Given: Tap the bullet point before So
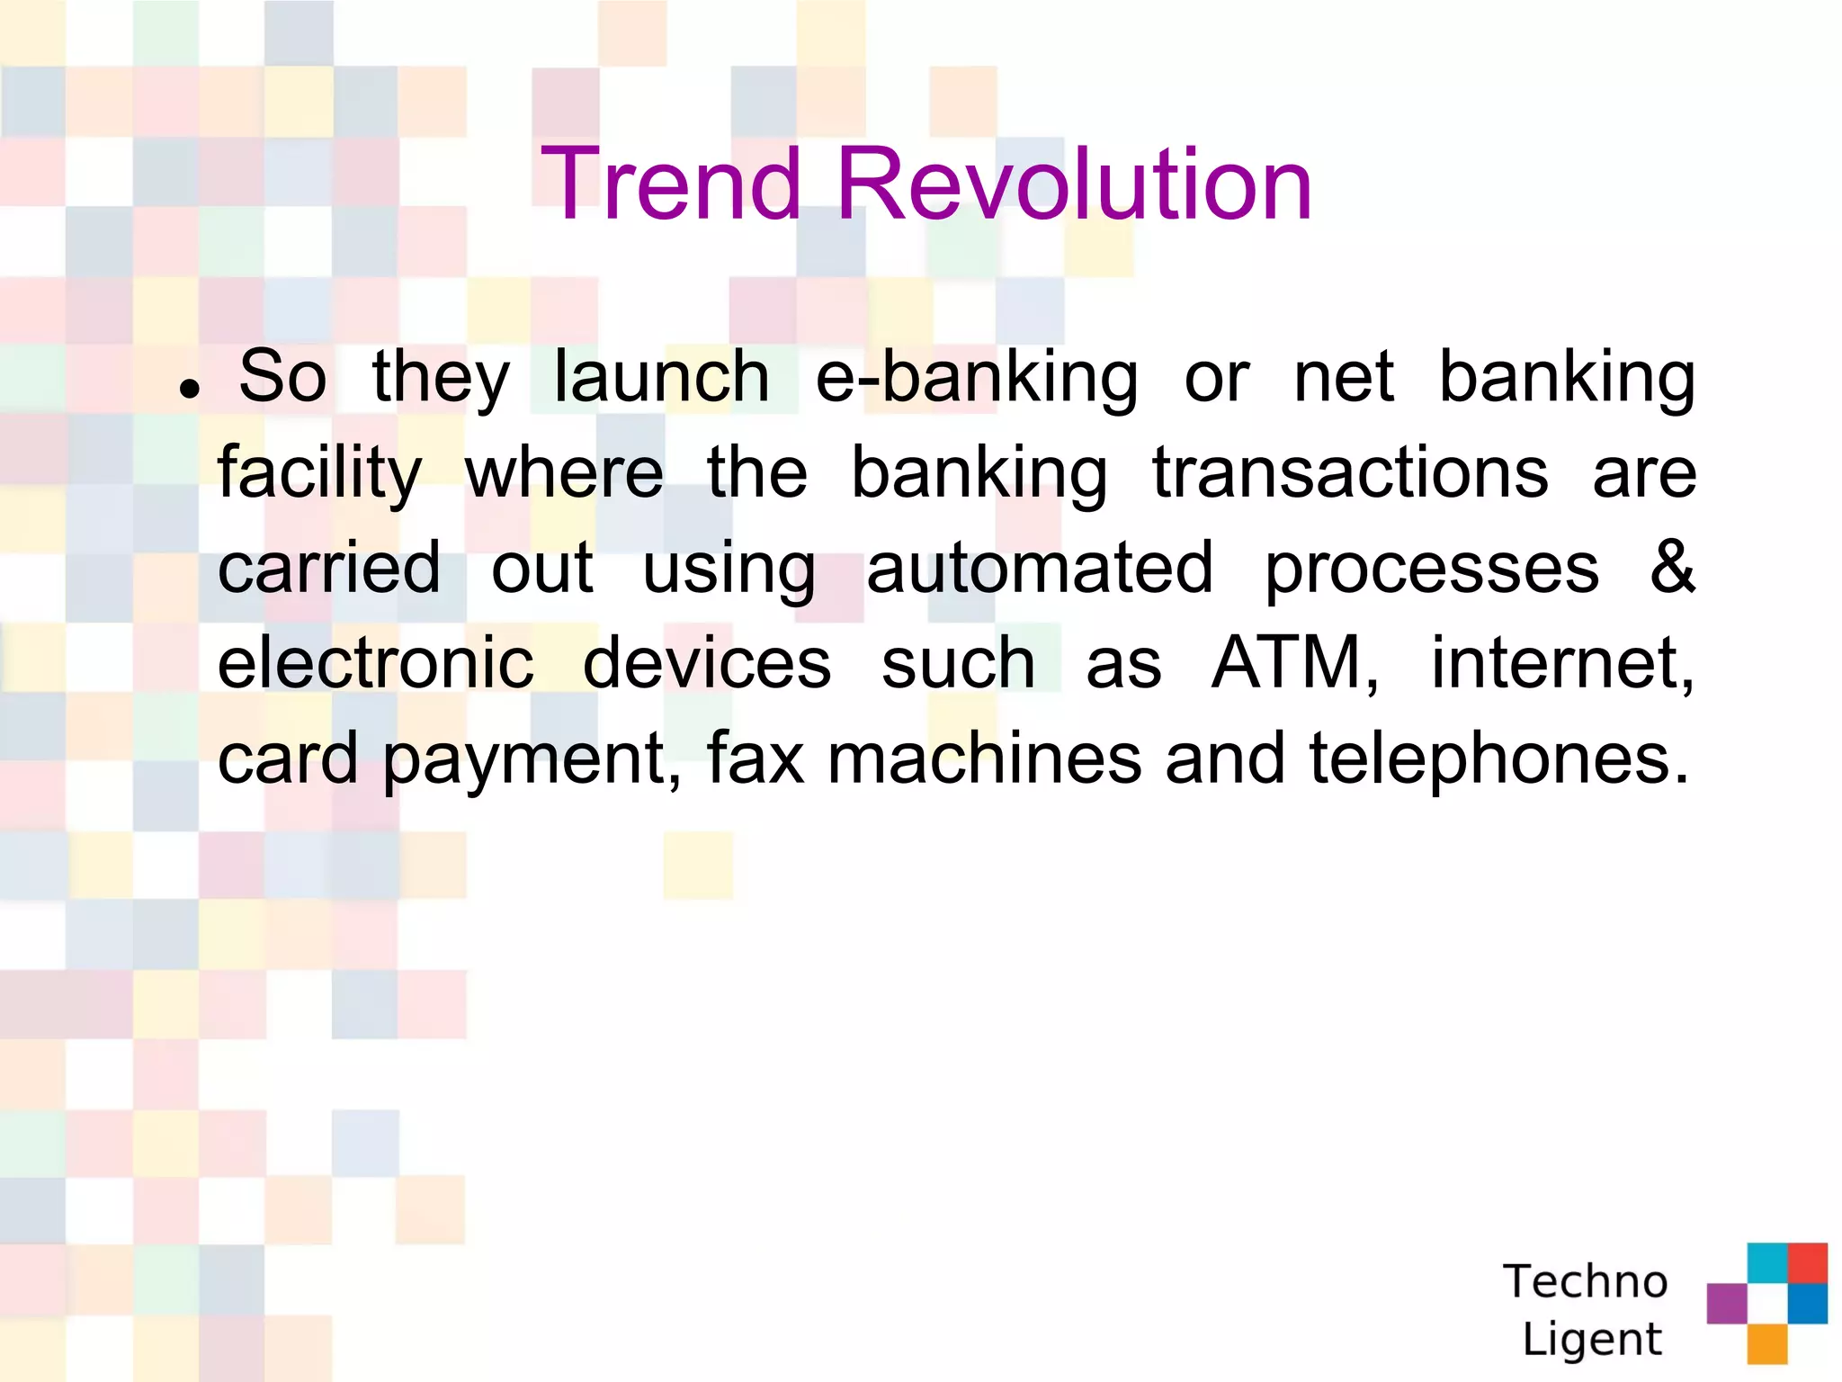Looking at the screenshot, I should pyautogui.click(x=189, y=389).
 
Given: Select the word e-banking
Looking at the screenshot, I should pyautogui.click(x=977, y=378).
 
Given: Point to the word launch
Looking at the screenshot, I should pyautogui.click(x=661, y=378).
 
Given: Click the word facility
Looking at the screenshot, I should pyautogui.click(x=319, y=474).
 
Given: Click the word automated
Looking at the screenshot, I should pyautogui.click(x=1040, y=569).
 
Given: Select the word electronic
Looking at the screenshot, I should pyautogui.click(x=375, y=664).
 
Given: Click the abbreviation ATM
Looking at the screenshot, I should pyautogui.click(x=1293, y=664).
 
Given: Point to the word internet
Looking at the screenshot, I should pyautogui.click(x=1561, y=664).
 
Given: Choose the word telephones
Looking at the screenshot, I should pyautogui.click(x=1498, y=760).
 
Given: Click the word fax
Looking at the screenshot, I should pyautogui.click(x=755, y=760).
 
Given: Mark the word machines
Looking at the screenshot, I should pyautogui.click(x=984, y=760).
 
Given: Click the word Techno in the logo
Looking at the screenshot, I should pyautogui.click(x=1585, y=1281).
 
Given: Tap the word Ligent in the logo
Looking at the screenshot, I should pyautogui.click(x=1591, y=1339).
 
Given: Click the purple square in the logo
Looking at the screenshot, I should pyautogui.click(x=1726, y=1303).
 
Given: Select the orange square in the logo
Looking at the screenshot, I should pyautogui.click(x=1766, y=1343).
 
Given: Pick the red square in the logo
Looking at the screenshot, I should pyautogui.click(x=1807, y=1262).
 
